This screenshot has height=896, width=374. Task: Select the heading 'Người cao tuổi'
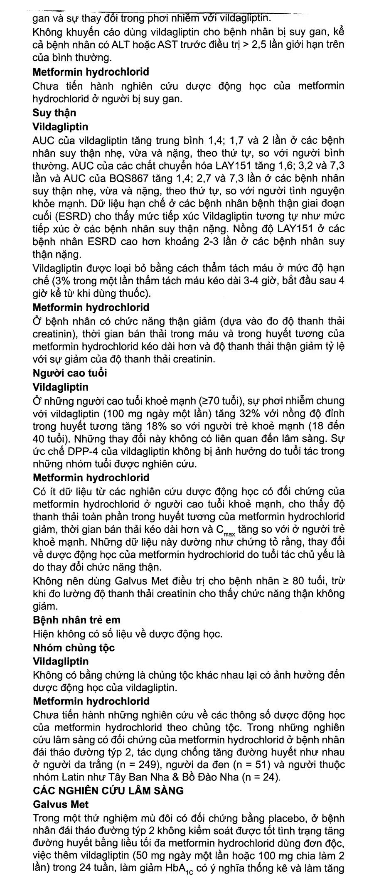pos(70,373)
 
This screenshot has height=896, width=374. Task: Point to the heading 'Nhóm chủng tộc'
pos(74,647)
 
